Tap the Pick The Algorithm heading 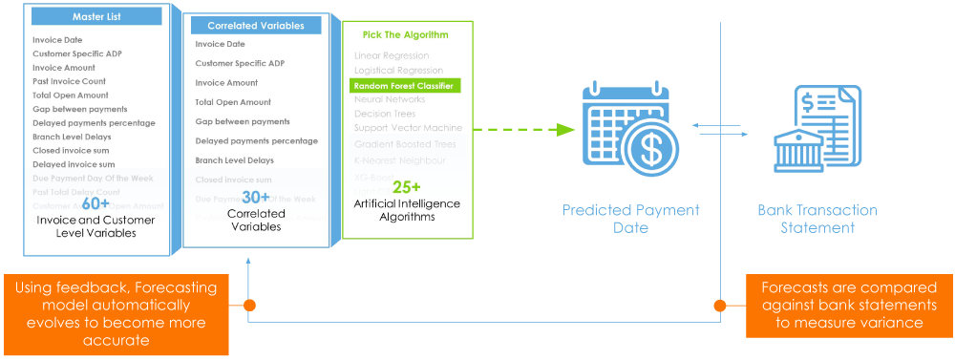(405, 35)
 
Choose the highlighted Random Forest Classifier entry (405, 85)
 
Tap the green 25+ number (405, 187)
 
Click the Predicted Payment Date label (630, 219)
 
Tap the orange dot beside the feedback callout (249, 306)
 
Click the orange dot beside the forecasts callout (719, 306)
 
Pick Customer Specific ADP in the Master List (77, 53)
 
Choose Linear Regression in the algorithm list (392, 55)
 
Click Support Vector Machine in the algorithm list (407, 128)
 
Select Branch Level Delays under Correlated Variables (234, 160)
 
